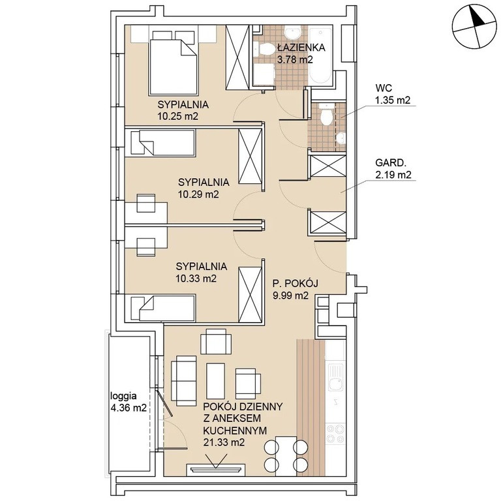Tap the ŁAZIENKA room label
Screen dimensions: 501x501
tap(301, 48)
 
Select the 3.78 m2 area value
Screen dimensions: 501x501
tap(295, 59)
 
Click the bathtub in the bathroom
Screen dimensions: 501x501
tap(320, 57)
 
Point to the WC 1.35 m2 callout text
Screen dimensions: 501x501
tap(393, 94)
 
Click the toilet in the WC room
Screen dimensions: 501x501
tap(326, 115)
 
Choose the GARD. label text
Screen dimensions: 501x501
tap(391, 163)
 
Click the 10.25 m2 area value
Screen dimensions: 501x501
tap(177, 116)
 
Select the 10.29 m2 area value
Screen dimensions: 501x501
tap(198, 194)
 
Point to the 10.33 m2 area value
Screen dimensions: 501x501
tap(196, 279)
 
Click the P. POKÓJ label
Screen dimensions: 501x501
tap(296, 283)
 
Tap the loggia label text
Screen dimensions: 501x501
tap(123, 396)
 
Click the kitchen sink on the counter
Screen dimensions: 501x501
tap(335, 376)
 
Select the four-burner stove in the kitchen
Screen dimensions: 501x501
tap(335, 433)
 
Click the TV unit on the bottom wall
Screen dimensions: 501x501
tap(216, 469)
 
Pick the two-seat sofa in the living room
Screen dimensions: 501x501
tap(184, 381)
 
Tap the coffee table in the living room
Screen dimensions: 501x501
tap(216, 381)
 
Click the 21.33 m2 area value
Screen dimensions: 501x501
tap(224, 442)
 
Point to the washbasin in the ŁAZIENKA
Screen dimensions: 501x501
tap(293, 33)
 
